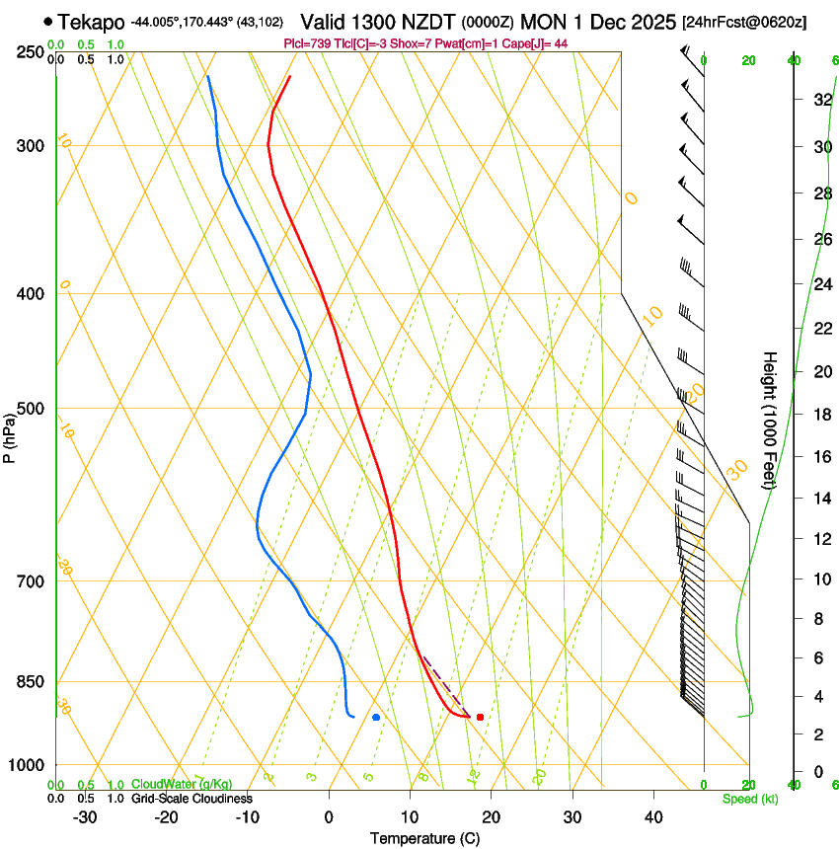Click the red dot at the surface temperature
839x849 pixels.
pyautogui.click(x=480, y=717)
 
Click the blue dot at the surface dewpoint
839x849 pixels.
pyautogui.click(x=376, y=717)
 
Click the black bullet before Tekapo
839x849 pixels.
pyautogui.click(x=47, y=21)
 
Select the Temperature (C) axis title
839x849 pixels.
pyautogui.click(x=424, y=839)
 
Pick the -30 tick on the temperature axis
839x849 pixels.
pyautogui.click(x=85, y=817)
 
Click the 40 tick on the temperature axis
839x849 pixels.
pyautogui.click(x=653, y=817)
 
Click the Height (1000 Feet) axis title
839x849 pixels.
pyautogui.click(x=770, y=420)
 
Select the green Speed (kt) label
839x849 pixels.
pyautogui.click(x=749, y=799)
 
